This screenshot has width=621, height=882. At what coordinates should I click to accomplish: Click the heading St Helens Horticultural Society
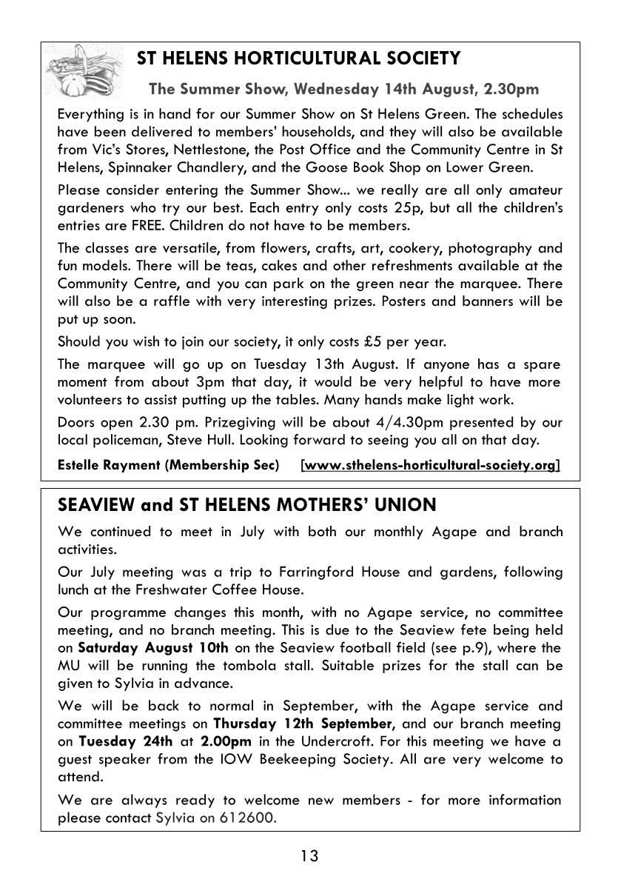click(299, 59)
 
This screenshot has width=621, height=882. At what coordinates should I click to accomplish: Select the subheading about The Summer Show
click(344, 90)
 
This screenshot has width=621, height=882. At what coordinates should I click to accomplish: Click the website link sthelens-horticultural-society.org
click(430, 465)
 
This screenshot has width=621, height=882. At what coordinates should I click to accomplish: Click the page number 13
click(309, 856)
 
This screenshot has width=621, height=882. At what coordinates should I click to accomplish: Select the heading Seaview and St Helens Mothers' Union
click(247, 505)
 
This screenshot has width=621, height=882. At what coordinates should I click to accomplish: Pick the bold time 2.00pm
click(228, 741)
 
